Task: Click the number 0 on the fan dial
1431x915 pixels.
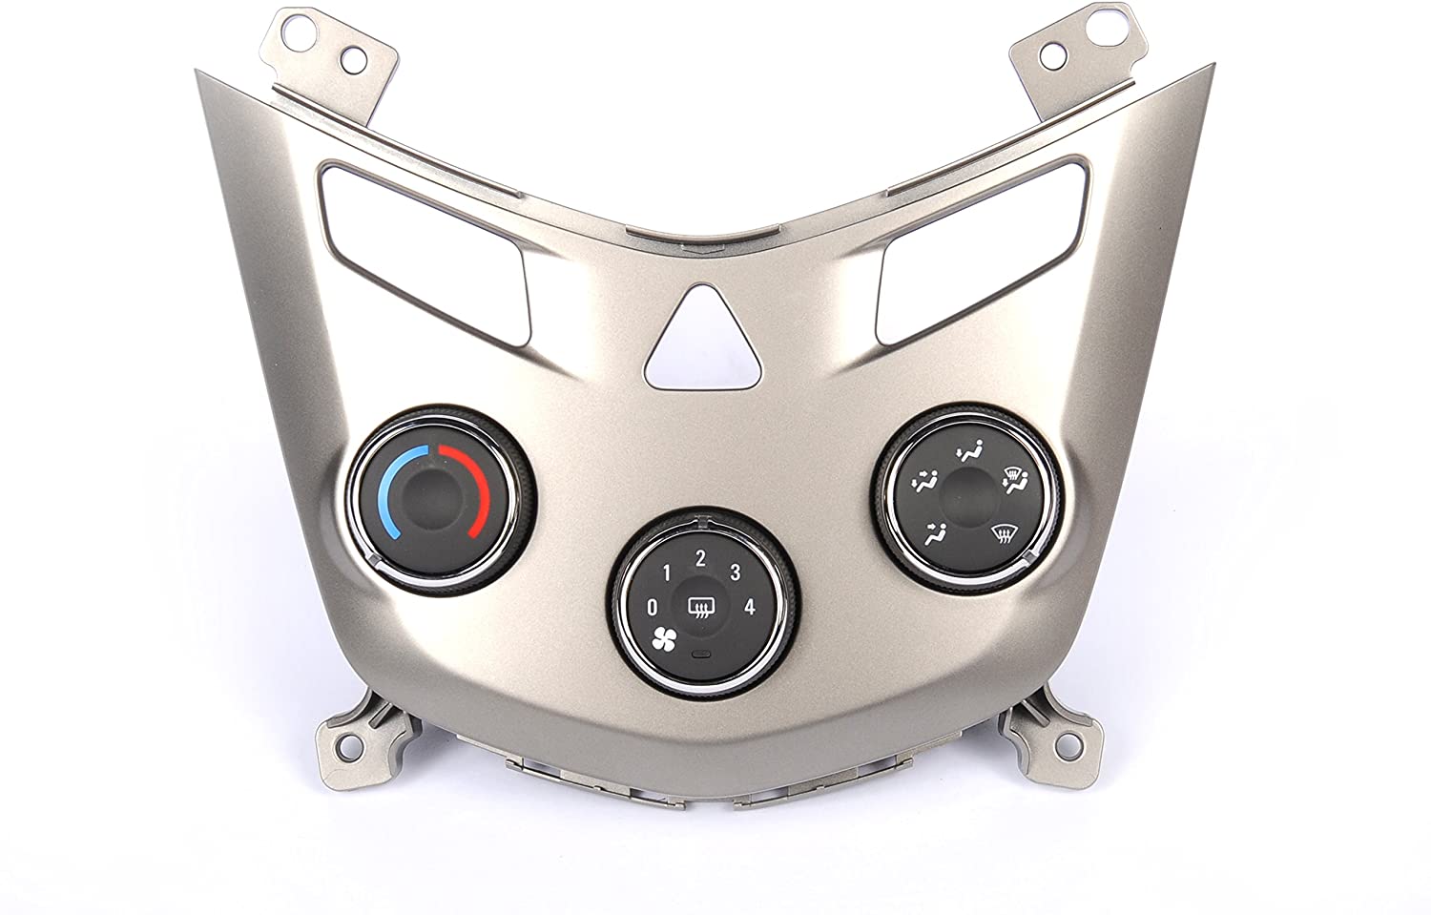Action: point(652,607)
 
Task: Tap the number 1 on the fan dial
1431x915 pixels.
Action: point(667,573)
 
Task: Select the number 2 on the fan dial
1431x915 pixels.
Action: point(700,559)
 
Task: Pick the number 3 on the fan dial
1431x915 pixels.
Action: point(735,572)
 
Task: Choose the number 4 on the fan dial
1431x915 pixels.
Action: point(750,607)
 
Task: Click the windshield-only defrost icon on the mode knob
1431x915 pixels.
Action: point(1008,533)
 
